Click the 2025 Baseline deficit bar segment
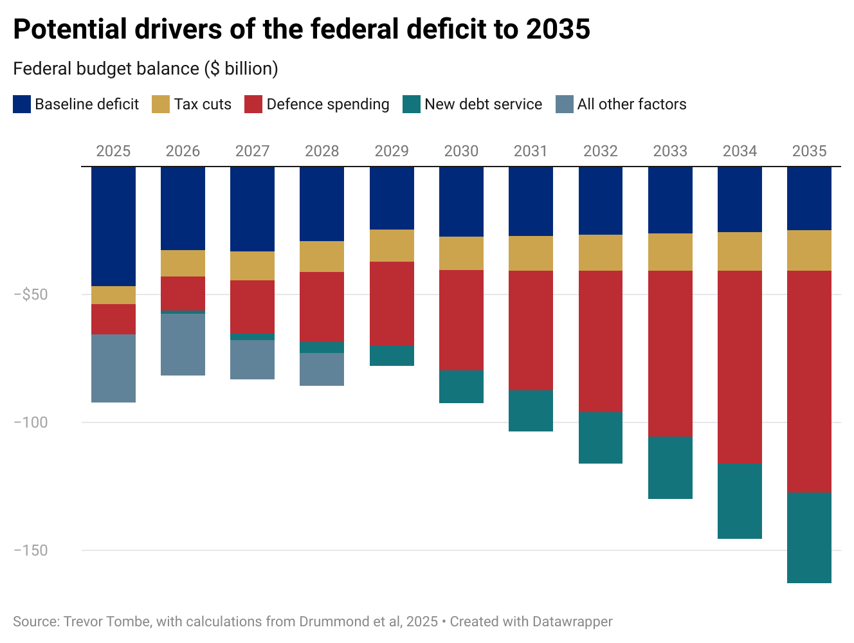pyautogui.click(x=113, y=226)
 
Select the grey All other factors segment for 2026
pyautogui.click(x=183, y=344)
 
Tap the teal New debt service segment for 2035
pyautogui.click(x=809, y=538)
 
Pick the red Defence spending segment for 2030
pyautogui.click(x=461, y=320)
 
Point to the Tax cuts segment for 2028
pyautogui.click(x=322, y=257)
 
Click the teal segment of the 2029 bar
pyautogui.click(x=392, y=356)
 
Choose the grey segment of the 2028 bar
pyautogui.click(x=322, y=369)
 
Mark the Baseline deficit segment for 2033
pyautogui.click(x=670, y=200)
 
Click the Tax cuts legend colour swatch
pyautogui.click(x=161, y=104)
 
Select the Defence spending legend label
pyautogui.click(x=327, y=104)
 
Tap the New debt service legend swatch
pyautogui.click(x=412, y=104)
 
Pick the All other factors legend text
pyautogui.click(x=631, y=104)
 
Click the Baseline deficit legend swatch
pyautogui.click(x=22, y=104)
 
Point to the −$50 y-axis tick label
pyautogui.click(x=31, y=294)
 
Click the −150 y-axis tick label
pyautogui.click(x=31, y=550)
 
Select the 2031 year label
pyautogui.click(x=531, y=151)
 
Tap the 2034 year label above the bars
pyautogui.click(x=740, y=151)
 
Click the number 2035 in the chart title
pyautogui.click(x=558, y=30)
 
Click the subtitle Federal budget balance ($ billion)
pyautogui.click(x=145, y=69)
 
